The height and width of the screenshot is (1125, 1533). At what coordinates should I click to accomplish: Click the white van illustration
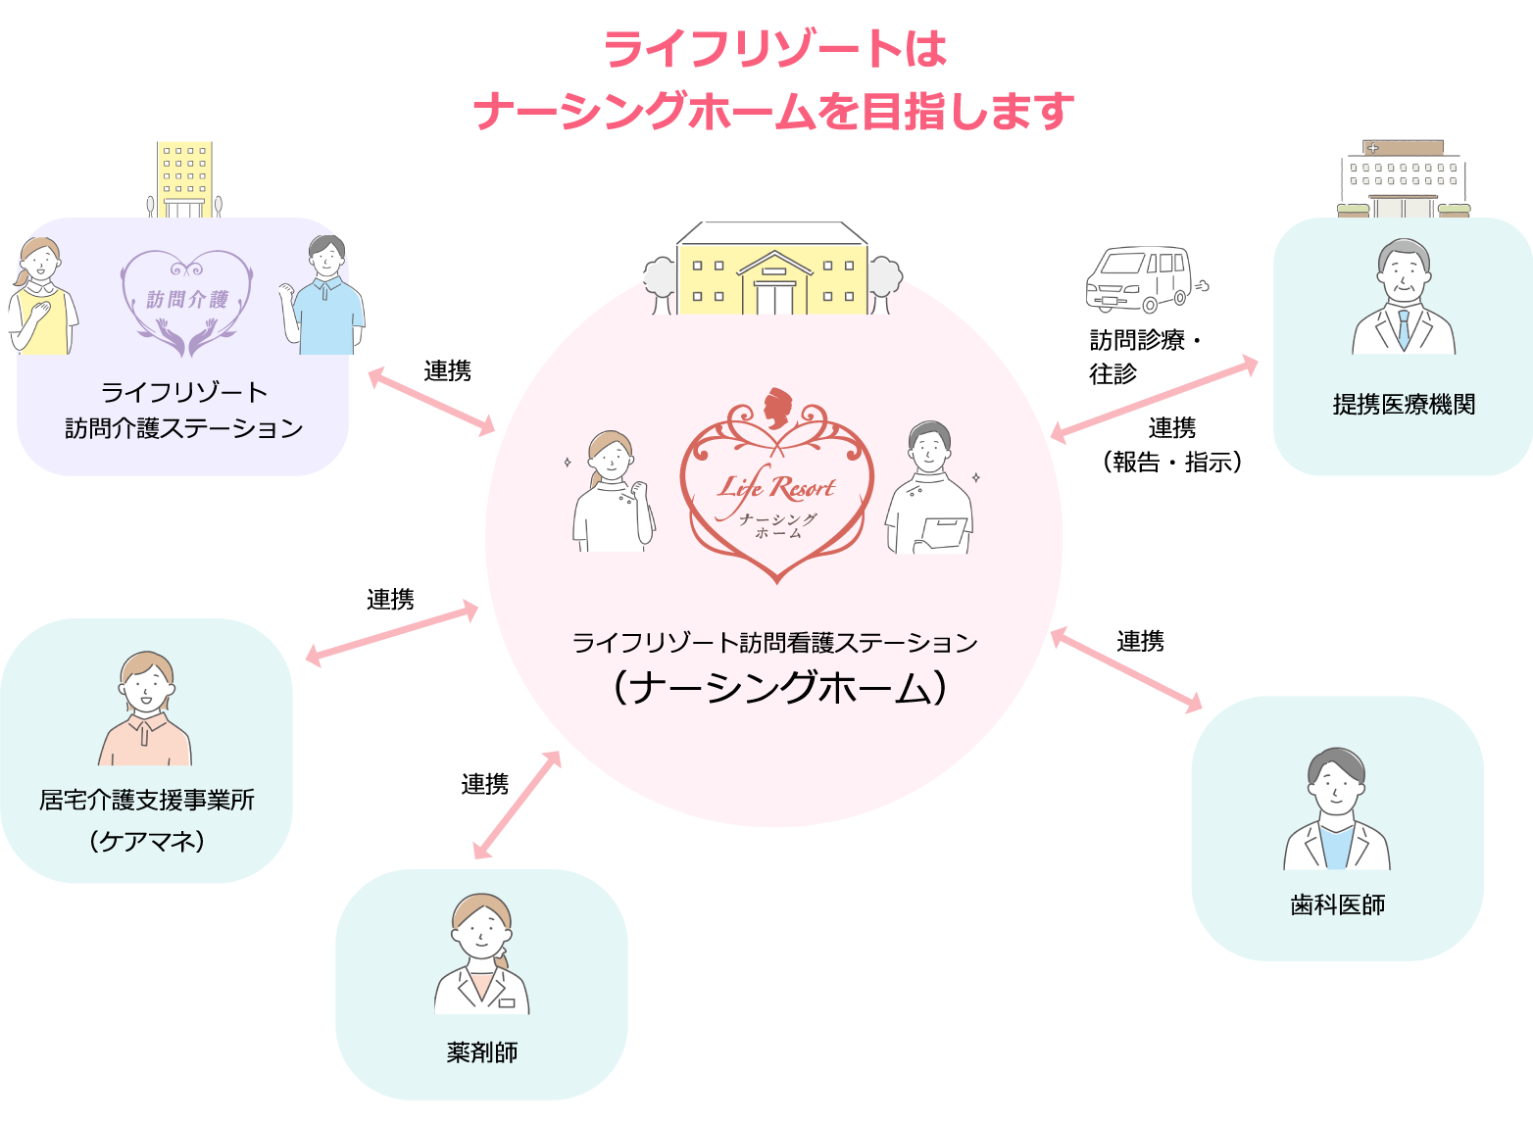[x=1140, y=278]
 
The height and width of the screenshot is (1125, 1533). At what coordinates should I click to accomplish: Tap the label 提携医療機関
[x=1404, y=405]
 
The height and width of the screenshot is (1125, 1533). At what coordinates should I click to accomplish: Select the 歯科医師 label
[x=1337, y=905]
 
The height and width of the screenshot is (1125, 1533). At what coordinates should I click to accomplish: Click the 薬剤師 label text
[x=481, y=1052]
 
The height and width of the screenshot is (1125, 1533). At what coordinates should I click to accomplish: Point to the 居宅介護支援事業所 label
[x=147, y=801]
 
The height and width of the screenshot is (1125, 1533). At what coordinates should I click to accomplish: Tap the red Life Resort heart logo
[x=776, y=490]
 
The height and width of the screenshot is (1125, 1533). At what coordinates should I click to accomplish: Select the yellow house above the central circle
[x=773, y=269]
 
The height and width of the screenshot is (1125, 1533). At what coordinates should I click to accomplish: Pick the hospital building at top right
[x=1403, y=179]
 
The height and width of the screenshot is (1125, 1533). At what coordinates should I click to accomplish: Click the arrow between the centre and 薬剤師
[x=517, y=805]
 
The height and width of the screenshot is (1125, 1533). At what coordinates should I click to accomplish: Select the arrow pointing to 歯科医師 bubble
[x=1126, y=670]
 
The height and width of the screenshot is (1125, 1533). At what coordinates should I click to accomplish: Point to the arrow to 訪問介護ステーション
[x=431, y=401]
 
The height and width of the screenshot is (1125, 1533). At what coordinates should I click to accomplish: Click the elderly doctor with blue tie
[x=1404, y=297]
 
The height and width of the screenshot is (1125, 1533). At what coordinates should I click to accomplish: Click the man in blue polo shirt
[x=323, y=295]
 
